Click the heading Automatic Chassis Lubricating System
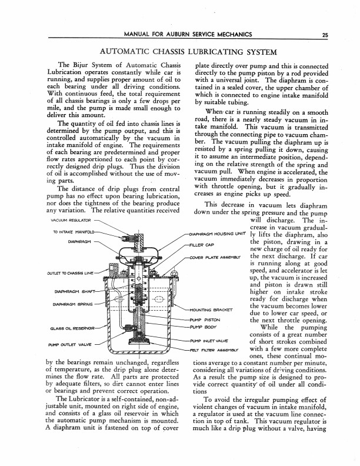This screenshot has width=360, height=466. tap(179, 51)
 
